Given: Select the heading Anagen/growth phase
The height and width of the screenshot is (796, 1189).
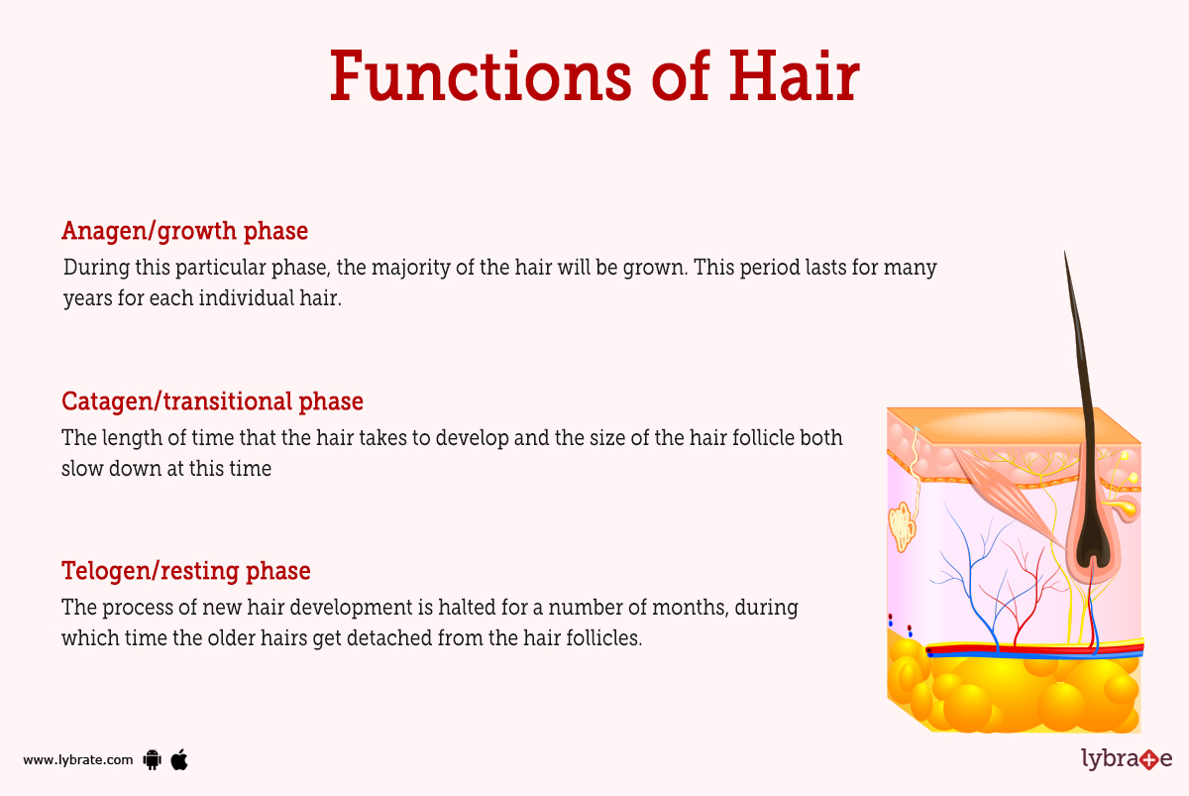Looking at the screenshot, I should [x=184, y=231].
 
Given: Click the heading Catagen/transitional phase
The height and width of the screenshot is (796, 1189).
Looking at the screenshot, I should [x=212, y=401].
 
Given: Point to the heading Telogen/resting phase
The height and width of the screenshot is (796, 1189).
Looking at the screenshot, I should [x=185, y=572].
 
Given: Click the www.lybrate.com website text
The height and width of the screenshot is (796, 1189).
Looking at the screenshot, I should [x=77, y=760].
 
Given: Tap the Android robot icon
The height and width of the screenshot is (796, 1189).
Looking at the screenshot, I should [x=153, y=760].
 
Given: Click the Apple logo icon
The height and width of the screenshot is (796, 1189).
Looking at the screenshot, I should [x=179, y=759].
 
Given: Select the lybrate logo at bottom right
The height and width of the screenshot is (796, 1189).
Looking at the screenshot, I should [x=1126, y=759].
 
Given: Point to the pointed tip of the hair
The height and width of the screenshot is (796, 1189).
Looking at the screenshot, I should [x=1066, y=260].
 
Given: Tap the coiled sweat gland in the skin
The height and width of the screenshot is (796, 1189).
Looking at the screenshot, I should [x=903, y=526].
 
